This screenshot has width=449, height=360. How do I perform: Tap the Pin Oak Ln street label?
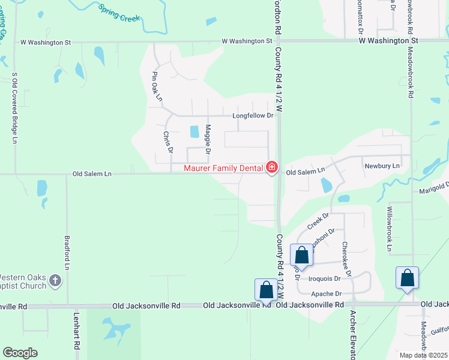pos(157,87)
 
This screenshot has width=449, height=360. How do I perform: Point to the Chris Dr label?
pos(168,142)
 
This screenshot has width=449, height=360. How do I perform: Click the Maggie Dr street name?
pos(208,139)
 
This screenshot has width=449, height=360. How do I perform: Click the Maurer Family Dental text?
pos(224,168)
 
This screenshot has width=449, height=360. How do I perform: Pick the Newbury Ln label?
pos(382,166)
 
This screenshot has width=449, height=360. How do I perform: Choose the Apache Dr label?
pos(327,294)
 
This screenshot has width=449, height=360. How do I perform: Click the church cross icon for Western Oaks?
pos(55,280)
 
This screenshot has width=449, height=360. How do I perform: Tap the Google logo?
pos(20,353)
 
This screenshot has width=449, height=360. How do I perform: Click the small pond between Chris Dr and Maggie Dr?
pos(194,131)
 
